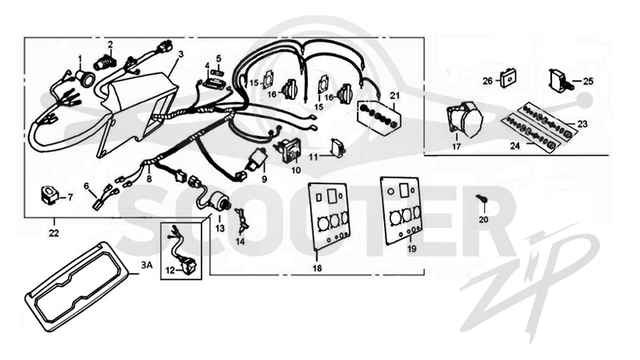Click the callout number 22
54,233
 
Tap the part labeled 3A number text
146,266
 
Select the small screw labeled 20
482,198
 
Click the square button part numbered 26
508,78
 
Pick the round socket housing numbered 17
465,120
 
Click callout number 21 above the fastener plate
394,95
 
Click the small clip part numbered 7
49,194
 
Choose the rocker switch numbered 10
290,150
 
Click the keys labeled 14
242,222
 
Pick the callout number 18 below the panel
317,268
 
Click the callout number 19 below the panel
412,248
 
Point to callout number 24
515,146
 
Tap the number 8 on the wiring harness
149,178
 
